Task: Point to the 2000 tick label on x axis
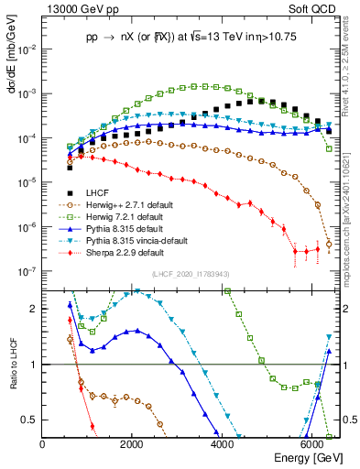[132, 442]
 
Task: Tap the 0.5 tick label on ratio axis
[31, 420]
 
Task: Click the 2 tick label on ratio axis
[35, 310]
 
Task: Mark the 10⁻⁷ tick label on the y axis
[27, 271]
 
